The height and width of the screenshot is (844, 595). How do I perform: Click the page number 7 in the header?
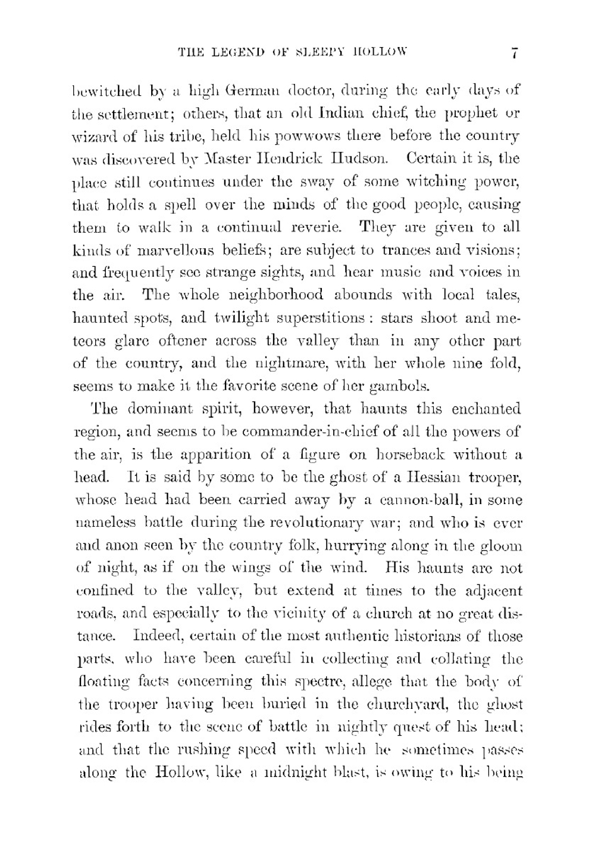(x=515, y=53)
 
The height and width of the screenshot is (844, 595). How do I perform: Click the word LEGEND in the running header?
(x=229, y=52)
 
